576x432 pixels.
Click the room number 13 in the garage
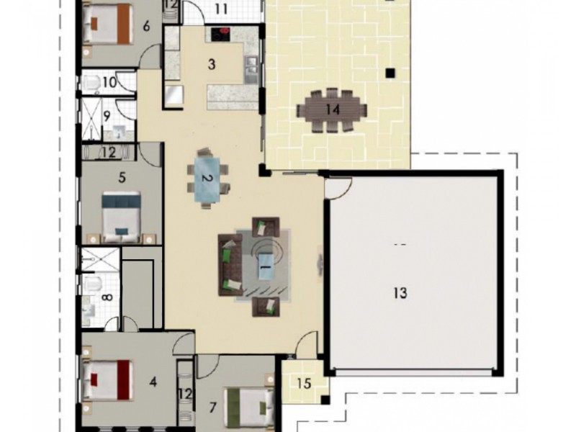(x=400, y=293)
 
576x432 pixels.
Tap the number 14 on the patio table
(x=333, y=109)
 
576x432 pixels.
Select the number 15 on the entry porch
(x=304, y=384)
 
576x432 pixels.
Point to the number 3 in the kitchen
(x=211, y=64)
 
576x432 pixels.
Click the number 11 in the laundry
(x=221, y=9)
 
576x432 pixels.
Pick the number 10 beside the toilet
(x=110, y=82)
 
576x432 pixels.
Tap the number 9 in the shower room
(x=107, y=117)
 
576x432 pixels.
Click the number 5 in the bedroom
(x=122, y=178)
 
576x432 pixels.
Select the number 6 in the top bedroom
(x=146, y=26)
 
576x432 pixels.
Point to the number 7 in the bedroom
(x=212, y=407)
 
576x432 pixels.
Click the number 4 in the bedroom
(x=153, y=382)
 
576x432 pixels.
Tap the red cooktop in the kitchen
(x=220, y=35)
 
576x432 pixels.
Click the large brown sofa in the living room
(x=230, y=265)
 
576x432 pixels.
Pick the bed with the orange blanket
(x=107, y=24)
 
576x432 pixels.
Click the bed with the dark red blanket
(x=107, y=380)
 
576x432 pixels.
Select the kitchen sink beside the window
(x=251, y=69)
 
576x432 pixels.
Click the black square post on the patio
(x=390, y=73)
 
